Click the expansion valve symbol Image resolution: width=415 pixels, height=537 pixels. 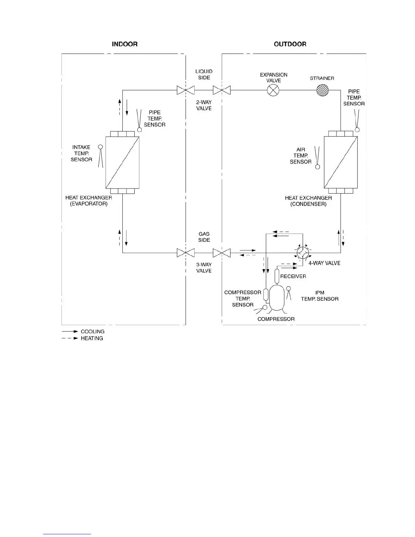pos(273,90)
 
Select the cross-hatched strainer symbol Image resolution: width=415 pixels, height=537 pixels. pos(322,90)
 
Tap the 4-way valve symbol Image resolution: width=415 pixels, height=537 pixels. pos(302,253)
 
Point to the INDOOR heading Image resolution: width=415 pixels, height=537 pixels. pos(124,44)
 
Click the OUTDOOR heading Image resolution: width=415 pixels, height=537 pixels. pos(290,44)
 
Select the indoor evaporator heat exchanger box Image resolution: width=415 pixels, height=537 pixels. pos(122,162)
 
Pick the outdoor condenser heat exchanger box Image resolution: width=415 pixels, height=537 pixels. pos(341,162)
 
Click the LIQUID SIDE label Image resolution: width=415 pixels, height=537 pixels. pos(204,75)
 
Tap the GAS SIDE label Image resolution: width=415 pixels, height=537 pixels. pos(204,237)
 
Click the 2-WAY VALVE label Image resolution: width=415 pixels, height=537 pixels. pos(204,105)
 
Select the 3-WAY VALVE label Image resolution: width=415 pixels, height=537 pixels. pos(204,268)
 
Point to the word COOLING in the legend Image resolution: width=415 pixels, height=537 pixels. pos(93,332)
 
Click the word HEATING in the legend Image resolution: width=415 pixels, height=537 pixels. pos(92,338)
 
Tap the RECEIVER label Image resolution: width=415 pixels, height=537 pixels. pos(293,276)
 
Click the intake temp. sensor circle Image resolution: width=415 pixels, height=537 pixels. pos(100,147)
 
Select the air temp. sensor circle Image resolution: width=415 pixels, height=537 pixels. pos(318,167)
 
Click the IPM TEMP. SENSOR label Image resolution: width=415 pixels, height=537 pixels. pos(320,296)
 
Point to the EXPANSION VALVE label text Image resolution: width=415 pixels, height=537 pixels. pos(274,78)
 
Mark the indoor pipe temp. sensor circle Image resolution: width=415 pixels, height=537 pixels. pos(139,130)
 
